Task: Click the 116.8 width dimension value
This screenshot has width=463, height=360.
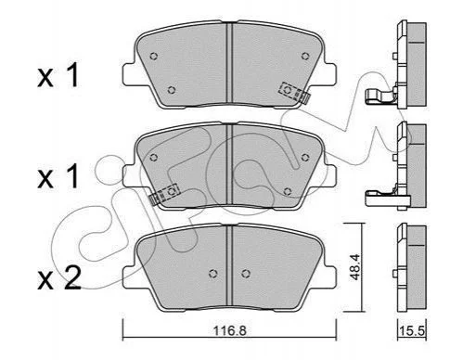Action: click(x=230, y=331)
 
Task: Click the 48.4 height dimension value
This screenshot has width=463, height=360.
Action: click(x=355, y=267)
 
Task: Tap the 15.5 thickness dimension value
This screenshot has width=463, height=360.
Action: click(x=412, y=331)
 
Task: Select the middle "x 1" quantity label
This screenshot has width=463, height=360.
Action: click(x=58, y=176)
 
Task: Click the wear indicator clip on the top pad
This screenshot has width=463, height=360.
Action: click(x=294, y=92)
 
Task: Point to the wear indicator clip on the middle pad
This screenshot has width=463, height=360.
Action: click(x=164, y=193)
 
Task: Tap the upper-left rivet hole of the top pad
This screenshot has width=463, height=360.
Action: click(x=153, y=57)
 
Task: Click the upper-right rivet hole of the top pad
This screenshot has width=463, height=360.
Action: click(x=305, y=56)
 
